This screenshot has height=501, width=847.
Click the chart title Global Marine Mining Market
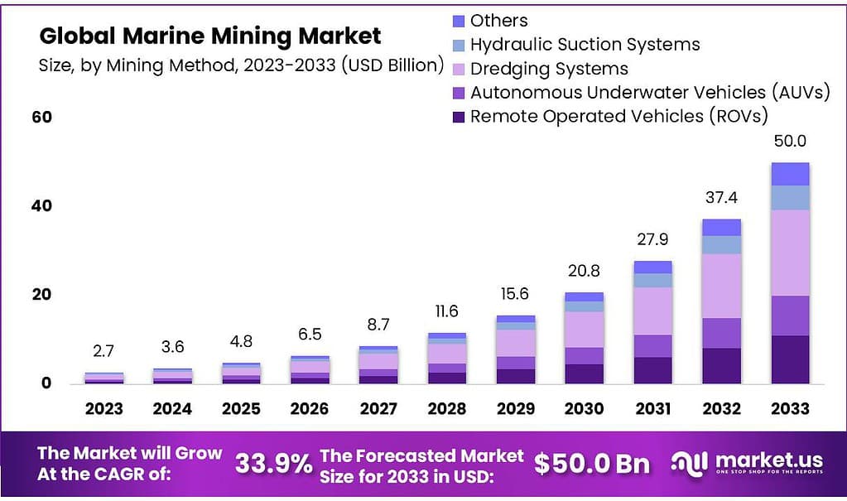210,36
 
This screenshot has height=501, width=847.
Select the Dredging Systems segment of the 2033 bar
789,253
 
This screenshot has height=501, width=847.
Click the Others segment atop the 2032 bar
721,227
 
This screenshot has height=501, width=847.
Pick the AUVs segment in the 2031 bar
653,346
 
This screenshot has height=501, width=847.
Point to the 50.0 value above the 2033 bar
790,141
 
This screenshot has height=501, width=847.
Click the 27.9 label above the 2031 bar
653,239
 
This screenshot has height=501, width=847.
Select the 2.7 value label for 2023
103,351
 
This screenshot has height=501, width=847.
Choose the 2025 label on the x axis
241,408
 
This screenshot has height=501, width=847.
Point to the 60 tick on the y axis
41,117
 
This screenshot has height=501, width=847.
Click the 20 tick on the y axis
41,294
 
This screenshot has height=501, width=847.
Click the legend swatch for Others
460,21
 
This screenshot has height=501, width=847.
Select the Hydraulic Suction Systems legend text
585,45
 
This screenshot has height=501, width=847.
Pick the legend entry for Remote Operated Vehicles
618,116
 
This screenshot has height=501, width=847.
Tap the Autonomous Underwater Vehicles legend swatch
460,93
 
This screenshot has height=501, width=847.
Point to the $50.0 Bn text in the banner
591,464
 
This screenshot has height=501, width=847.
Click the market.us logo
744,464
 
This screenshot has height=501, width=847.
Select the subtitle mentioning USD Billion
241,65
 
